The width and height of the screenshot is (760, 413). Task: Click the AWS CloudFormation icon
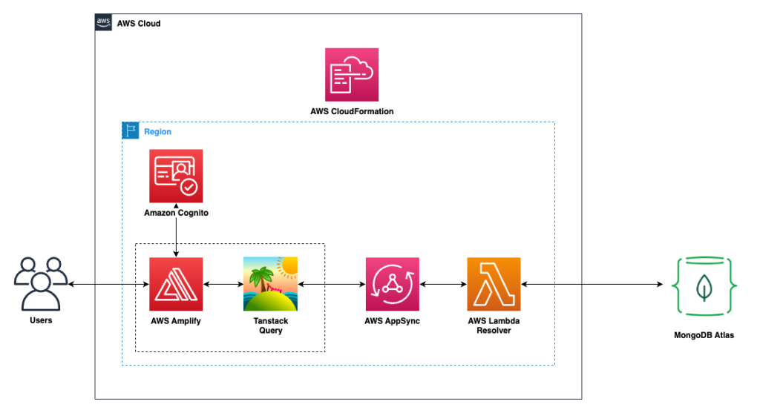pyautogui.click(x=352, y=74)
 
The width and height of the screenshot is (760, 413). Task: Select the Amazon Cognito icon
pyautogui.click(x=176, y=176)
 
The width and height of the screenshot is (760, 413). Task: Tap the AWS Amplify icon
pyautogui.click(x=176, y=284)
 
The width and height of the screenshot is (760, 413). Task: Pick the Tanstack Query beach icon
pyautogui.click(x=270, y=284)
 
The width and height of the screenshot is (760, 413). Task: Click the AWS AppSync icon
pyautogui.click(x=392, y=284)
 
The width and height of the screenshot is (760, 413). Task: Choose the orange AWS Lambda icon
pyautogui.click(x=494, y=284)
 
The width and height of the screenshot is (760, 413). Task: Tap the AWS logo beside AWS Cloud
pyautogui.click(x=104, y=23)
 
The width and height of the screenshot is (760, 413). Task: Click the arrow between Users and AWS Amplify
pyautogui.click(x=108, y=284)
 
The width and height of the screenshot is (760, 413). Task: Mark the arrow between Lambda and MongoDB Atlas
pyautogui.click(x=592, y=284)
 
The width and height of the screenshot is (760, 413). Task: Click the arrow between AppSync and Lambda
pyautogui.click(x=443, y=284)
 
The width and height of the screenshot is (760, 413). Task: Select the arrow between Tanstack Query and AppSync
pyautogui.click(x=331, y=284)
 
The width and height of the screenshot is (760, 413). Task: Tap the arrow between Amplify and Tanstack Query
pyautogui.click(x=223, y=284)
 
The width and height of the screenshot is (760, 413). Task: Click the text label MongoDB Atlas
pyautogui.click(x=703, y=335)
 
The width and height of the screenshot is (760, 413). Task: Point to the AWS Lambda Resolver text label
pyautogui.click(x=494, y=326)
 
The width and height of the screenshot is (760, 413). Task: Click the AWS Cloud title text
pyautogui.click(x=139, y=24)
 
